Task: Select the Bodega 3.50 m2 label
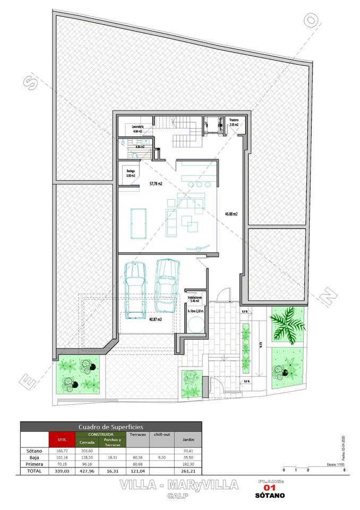(x=130, y=173)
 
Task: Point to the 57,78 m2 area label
(x=156, y=184)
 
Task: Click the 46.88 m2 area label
(x=230, y=214)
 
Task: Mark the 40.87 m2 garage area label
(x=156, y=319)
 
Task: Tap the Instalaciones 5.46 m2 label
(x=194, y=299)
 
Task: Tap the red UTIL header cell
(x=62, y=439)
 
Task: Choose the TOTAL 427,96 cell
(x=87, y=471)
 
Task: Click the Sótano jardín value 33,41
(x=188, y=451)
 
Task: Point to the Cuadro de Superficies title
(x=110, y=427)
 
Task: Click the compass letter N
(x=329, y=294)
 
